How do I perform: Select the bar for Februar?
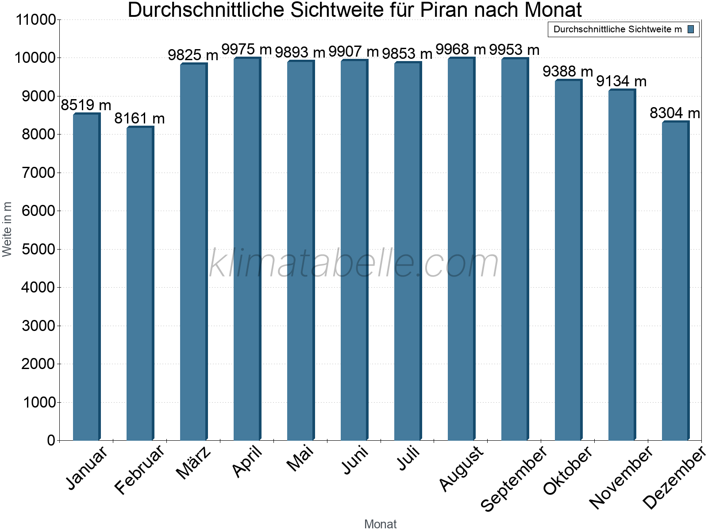[x=139, y=283]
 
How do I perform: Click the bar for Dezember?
[x=675, y=281]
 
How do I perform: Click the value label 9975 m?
[x=246, y=49]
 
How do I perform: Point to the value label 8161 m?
[x=139, y=119]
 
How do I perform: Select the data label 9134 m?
[x=621, y=81]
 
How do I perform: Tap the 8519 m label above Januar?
[x=86, y=105]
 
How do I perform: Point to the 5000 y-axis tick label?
[x=38, y=250]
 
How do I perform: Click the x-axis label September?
[x=514, y=480]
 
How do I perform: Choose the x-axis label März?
[x=193, y=463]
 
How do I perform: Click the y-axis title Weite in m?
[x=8, y=229]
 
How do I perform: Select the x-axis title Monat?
[x=380, y=524]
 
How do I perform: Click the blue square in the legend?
[x=690, y=30]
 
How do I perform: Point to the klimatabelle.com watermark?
[x=354, y=264]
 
